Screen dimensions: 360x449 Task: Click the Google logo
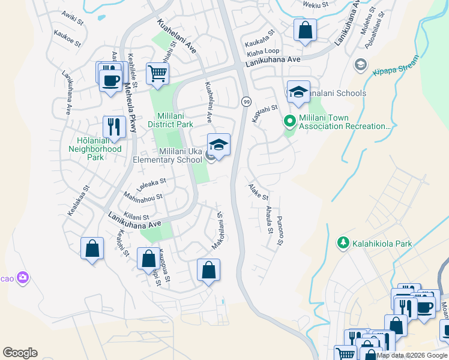(x=20, y=353)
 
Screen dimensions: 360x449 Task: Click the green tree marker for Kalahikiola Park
(x=343, y=243)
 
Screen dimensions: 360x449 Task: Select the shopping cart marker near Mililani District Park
(x=157, y=74)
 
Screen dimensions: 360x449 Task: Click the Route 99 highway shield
(x=246, y=102)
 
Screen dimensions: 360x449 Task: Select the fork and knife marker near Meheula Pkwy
(x=114, y=127)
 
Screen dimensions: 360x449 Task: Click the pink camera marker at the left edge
(x=23, y=277)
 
